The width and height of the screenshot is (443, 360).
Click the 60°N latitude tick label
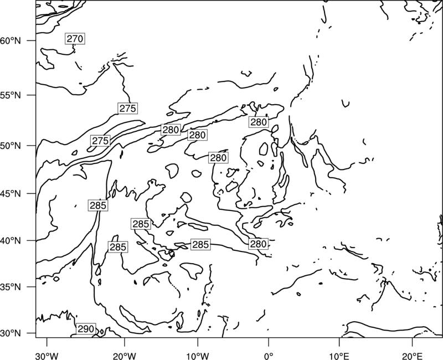11,40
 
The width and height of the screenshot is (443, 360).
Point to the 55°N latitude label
11,95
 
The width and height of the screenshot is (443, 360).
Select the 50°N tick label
11,146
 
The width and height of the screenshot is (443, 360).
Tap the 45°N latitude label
11,193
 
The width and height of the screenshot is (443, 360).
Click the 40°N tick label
11,241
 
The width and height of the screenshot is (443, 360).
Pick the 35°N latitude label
11,287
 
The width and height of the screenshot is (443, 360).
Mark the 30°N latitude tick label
11,333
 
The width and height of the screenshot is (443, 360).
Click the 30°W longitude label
47,354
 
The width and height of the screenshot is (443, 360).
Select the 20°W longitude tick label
124,354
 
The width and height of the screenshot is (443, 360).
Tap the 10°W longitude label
198,354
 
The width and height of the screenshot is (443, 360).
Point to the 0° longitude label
269,354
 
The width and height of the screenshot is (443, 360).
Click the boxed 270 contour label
75,38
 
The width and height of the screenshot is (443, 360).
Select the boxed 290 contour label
86,329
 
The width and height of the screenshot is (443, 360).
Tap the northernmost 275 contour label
128,109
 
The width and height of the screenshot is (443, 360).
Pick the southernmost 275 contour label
100,141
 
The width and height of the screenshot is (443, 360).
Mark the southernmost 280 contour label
258,244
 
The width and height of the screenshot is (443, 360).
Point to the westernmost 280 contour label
171,130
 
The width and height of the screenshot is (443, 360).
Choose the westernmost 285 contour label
98,205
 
